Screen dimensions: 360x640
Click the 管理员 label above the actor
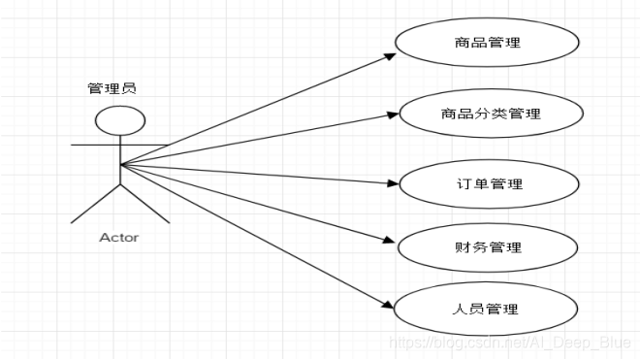112,88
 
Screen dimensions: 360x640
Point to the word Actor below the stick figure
119,238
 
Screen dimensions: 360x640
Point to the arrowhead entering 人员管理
389,305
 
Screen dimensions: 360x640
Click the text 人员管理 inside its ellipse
487,310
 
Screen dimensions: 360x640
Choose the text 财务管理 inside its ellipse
487,247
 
